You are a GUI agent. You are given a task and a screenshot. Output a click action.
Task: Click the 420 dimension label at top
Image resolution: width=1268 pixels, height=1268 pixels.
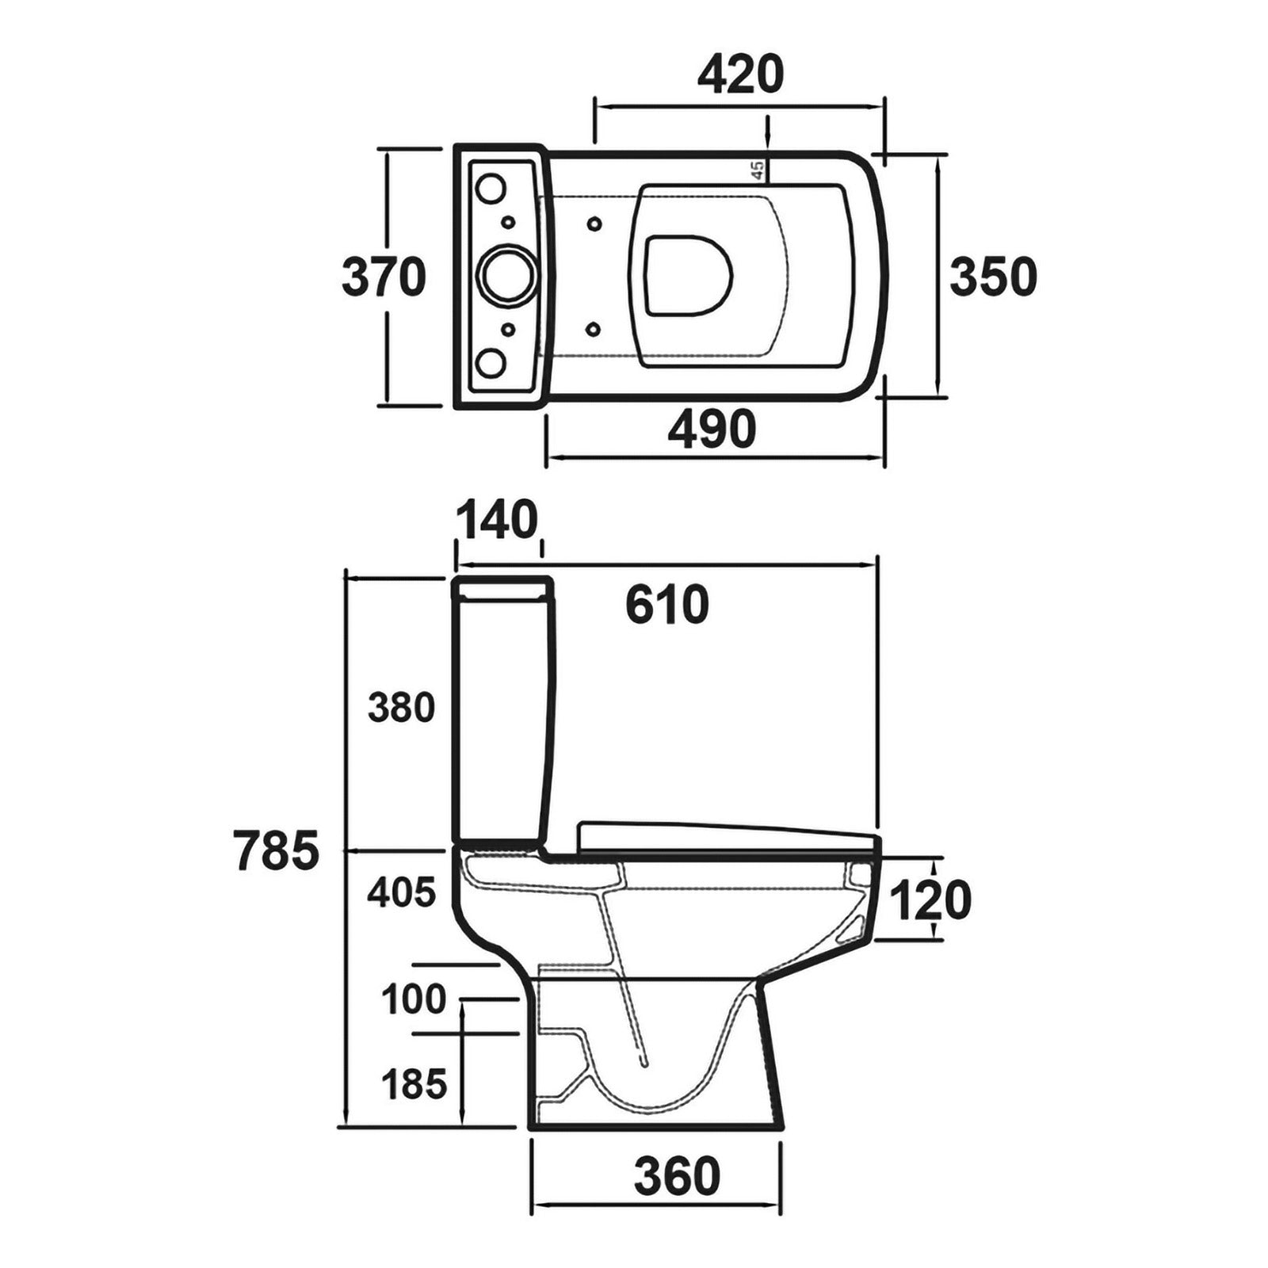click(x=740, y=75)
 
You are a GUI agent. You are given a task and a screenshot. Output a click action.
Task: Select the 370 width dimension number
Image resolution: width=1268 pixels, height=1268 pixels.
click(x=384, y=278)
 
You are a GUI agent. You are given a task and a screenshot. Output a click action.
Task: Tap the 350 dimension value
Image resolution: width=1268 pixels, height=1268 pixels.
click(x=993, y=277)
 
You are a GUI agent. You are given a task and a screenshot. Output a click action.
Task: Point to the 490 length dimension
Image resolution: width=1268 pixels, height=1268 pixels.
click(x=712, y=429)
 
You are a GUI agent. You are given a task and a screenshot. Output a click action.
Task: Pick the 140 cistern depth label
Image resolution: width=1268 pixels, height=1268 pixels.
click(x=497, y=521)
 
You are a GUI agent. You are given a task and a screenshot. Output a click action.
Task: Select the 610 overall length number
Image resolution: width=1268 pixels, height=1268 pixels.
click(x=666, y=605)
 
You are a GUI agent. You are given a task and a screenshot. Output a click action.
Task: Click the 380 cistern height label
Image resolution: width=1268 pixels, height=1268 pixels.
click(x=401, y=707)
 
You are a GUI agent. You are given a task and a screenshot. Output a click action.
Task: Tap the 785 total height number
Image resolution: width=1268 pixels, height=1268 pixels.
click(x=277, y=851)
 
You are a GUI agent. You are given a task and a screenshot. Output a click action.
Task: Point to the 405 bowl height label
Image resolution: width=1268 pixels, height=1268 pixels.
click(x=401, y=892)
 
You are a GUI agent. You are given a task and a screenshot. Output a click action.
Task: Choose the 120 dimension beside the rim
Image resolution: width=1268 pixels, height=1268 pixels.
click(x=930, y=900)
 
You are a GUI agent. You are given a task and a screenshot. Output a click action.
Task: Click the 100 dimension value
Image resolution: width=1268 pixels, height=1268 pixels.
click(x=414, y=999)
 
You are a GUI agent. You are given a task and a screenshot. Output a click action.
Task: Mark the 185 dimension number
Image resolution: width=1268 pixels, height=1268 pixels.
click(x=414, y=1083)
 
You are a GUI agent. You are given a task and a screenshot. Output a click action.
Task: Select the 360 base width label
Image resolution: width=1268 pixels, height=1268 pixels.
click(x=677, y=1176)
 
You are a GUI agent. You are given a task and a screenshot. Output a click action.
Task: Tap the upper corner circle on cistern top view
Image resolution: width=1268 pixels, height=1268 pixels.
click(x=491, y=188)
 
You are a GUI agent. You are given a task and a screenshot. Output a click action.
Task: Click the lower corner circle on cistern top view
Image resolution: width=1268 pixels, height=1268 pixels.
click(x=491, y=363)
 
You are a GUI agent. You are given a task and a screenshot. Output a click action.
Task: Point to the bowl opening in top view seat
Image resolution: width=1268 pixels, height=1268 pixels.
click(x=687, y=274)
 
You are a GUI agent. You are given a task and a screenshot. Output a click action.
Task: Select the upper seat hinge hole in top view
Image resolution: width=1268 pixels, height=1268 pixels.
click(x=594, y=223)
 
